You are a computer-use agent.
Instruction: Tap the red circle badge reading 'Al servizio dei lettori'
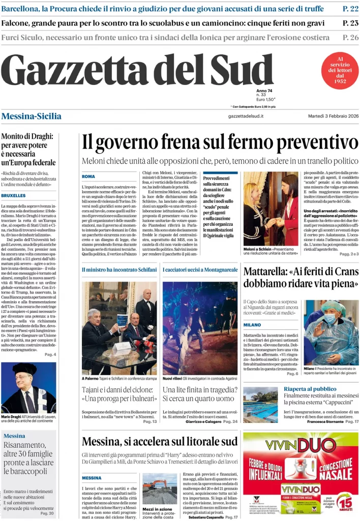click(x=340, y=71)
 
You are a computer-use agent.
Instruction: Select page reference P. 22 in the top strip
click(x=350, y=9)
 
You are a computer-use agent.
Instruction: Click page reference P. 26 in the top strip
click(x=350, y=38)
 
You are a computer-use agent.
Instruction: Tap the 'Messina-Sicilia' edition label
click(x=32, y=116)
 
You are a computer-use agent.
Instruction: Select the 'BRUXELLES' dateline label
click(x=13, y=195)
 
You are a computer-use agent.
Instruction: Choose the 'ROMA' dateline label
click(x=88, y=177)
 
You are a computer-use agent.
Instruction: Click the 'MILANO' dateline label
click(x=252, y=325)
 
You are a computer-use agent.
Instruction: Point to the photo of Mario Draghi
click(x=29, y=387)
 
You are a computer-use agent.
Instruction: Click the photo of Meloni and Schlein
click(x=271, y=209)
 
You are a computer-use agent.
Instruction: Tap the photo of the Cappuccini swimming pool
click(x=260, y=405)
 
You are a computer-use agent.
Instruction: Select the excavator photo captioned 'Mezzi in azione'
click(x=160, y=488)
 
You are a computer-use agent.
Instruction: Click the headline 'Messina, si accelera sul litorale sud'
click(x=160, y=441)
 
